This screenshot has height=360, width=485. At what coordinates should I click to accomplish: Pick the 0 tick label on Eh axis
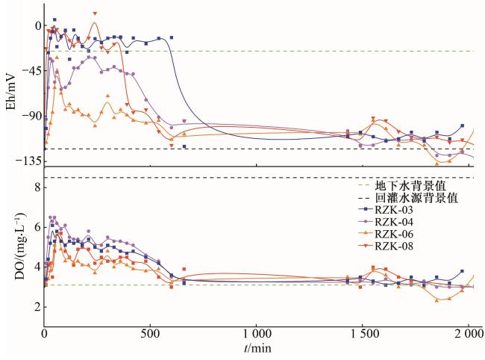(x=36, y=26)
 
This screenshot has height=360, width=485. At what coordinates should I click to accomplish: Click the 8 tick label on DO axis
(x=36, y=187)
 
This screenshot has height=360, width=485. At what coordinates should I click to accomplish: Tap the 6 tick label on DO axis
(x=36, y=226)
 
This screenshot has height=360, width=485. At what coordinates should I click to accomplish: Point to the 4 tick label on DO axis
(x=36, y=267)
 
